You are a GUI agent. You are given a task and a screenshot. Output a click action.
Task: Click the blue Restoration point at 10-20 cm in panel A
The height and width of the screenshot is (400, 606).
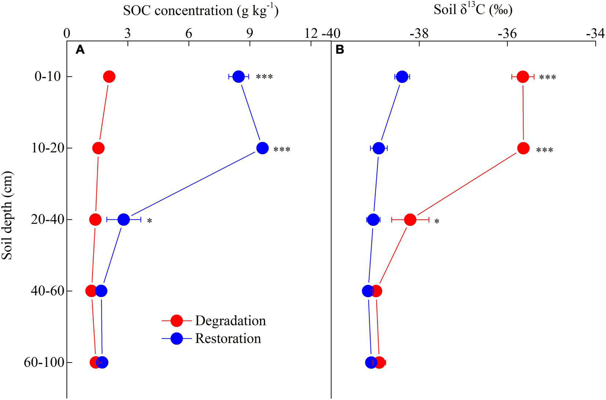coord(262,148)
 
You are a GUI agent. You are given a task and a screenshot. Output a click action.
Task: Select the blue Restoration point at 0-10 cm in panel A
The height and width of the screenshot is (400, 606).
coord(239,77)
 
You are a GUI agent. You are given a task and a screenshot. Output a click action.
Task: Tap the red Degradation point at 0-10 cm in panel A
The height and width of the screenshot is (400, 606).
coord(109,77)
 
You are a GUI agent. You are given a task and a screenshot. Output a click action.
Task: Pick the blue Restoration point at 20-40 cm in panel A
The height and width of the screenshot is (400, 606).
coord(124,220)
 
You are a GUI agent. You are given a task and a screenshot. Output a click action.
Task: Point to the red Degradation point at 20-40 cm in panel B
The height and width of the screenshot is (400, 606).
coord(410,220)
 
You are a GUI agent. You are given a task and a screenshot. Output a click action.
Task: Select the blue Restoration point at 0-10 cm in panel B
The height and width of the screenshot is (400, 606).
coord(402,77)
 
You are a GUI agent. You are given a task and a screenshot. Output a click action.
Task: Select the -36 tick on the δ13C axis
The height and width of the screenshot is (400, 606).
coord(507,34)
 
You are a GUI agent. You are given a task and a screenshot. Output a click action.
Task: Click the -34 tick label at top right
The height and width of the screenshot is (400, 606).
coord(595,34)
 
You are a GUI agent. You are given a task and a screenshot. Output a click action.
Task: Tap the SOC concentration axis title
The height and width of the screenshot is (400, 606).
coord(201,10)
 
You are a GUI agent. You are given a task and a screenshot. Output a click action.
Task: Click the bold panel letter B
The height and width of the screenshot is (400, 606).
coord(340,50)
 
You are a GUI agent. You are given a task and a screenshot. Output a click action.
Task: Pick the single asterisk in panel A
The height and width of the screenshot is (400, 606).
coord(149,221)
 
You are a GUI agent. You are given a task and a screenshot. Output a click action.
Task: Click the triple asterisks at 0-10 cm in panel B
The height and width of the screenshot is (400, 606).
coord(547,78)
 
